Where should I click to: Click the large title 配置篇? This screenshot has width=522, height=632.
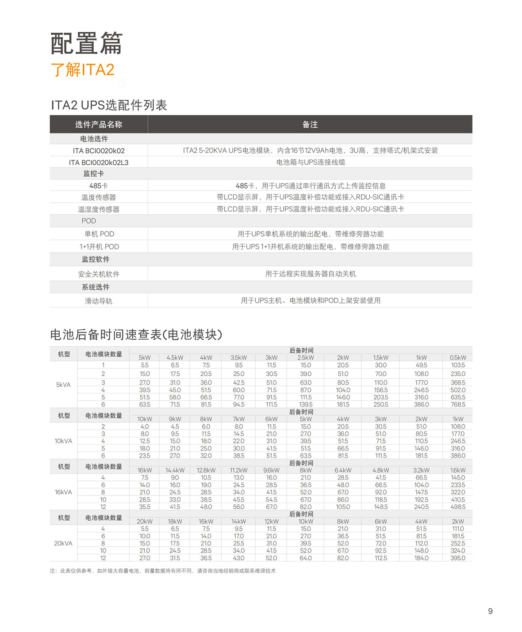click(x=86, y=43)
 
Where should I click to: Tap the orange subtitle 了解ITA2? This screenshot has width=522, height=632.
click(x=83, y=70)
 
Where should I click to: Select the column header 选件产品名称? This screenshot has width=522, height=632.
click(x=98, y=125)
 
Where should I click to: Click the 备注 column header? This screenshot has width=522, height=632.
click(x=310, y=125)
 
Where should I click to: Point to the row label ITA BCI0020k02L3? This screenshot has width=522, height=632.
click(x=98, y=163)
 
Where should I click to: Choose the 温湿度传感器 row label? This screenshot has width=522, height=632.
click(x=98, y=209)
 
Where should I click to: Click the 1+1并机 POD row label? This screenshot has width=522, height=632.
click(x=99, y=246)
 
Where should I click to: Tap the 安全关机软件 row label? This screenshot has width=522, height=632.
click(x=98, y=274)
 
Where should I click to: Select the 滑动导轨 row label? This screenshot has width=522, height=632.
click(x=98, y=301)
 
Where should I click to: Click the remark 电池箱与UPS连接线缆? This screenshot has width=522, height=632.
click(x=311, y=162)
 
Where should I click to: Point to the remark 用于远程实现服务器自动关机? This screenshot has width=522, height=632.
click(x=310, y=274)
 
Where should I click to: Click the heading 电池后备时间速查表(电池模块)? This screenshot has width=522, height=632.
click(x=136, y=335)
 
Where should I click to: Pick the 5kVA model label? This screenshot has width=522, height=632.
click(x=63, y=385)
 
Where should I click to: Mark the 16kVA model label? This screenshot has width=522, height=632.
click(x=63, y=492)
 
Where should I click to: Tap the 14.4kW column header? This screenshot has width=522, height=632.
click(x=175, y=470)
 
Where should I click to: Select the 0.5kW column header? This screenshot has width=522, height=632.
click(x=458, y=358)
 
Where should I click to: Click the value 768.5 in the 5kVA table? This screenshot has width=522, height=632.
click(x=458, y=405)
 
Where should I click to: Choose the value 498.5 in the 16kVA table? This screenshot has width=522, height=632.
click(x=458, y=507)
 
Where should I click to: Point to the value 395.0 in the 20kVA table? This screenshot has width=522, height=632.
click(x=458, y=558)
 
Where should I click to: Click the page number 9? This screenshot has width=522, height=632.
click(x=490, y=611)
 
